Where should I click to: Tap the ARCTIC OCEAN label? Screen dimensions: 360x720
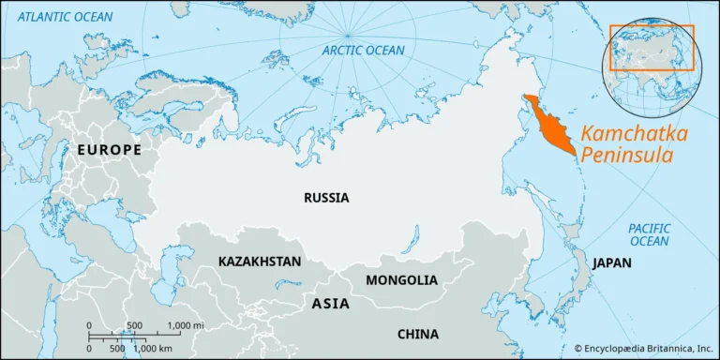point(363,50)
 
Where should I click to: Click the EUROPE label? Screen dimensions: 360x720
point(110,150)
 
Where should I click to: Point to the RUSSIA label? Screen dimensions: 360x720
point(326,198)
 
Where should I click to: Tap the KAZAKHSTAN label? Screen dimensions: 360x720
point(260,261)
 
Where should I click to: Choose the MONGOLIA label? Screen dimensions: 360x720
point(401,279)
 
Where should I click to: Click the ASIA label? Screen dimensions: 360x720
point(329,304)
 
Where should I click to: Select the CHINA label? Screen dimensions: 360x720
point(417,333)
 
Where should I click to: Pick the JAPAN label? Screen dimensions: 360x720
point(610,262)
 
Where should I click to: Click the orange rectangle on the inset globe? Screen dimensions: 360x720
point(652,48)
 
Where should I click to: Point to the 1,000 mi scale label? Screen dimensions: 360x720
point(187,325)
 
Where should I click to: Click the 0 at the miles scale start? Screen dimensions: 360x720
point(89,325)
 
